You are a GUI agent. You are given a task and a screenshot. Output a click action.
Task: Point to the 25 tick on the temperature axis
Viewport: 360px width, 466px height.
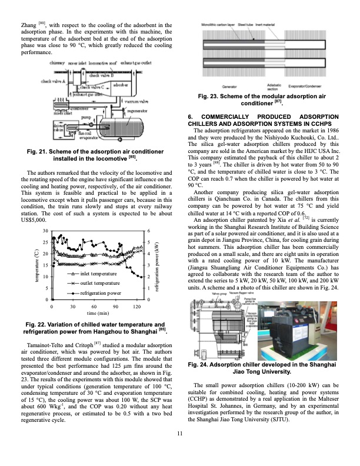[46, 242]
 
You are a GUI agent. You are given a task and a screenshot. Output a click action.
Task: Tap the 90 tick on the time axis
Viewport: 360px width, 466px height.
[115, 307]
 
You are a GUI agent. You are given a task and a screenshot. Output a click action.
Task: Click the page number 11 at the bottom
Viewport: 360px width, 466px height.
[179, 451]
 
